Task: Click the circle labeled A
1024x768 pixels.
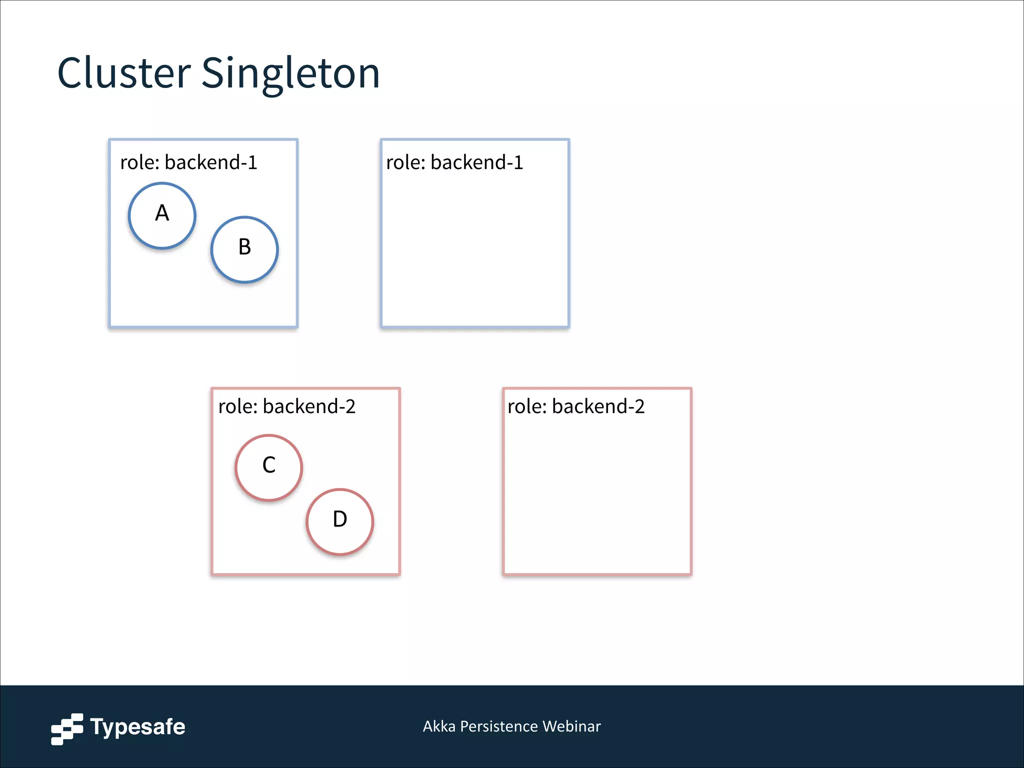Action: [162, 215]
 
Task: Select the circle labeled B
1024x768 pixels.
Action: [244, 249]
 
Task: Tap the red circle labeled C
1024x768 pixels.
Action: [269, 467]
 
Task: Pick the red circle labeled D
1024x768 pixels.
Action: [340, 521]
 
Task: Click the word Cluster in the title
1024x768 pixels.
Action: [124, 73]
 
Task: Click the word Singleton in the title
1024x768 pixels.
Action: [290, 74]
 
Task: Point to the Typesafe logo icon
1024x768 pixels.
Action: [67, 728]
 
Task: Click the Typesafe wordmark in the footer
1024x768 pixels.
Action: [137, 727]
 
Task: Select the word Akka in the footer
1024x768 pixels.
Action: [439, 726]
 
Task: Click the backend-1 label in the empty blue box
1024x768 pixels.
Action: [476, 162]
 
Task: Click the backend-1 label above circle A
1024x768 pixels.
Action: [210, 162]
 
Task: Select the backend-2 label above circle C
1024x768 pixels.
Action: [308, 406]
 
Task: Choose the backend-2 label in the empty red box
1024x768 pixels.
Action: [598, 406]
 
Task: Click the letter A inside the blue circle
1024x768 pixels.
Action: [162, 213]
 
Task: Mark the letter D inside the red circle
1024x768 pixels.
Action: [340, 519]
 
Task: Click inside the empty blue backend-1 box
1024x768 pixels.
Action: [475, 250]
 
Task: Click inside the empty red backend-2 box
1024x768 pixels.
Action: [597, 495]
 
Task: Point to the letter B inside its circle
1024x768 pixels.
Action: [244, 247]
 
